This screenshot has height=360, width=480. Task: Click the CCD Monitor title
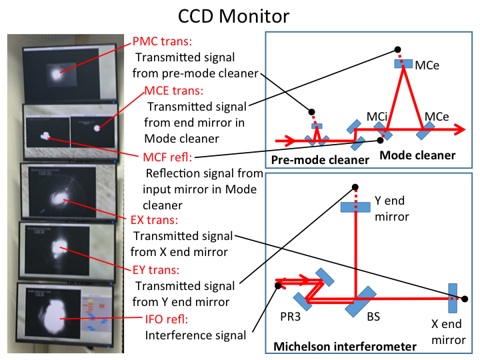[233, 16]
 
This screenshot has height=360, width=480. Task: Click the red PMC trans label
[162, 41]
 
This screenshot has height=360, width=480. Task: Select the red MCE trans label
[173, 91]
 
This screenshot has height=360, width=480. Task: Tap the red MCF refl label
[167, 157]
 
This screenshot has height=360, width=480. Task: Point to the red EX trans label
[154, 220]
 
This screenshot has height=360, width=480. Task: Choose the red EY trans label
[156, 270]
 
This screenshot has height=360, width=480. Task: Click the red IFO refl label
[167, 319]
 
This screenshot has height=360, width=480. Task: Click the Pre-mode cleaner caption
[320, 160]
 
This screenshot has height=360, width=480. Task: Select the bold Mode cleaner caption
[417, 155]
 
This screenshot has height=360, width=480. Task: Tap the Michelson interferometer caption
[345, 347]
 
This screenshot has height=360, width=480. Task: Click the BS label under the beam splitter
[373, 317]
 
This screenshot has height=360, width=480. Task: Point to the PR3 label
[290, 317]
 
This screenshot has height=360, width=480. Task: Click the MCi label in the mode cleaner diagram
[377, 117]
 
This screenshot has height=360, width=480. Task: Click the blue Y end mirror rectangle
[355, 207]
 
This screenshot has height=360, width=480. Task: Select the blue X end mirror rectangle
[453, 298]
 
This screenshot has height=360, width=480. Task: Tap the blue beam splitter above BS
[360, 301]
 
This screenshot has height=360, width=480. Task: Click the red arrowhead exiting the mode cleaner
[459, 129]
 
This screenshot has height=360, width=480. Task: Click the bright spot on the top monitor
[56, 75]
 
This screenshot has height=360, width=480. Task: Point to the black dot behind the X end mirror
[465, 299]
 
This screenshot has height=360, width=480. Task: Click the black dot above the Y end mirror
[355, 187]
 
